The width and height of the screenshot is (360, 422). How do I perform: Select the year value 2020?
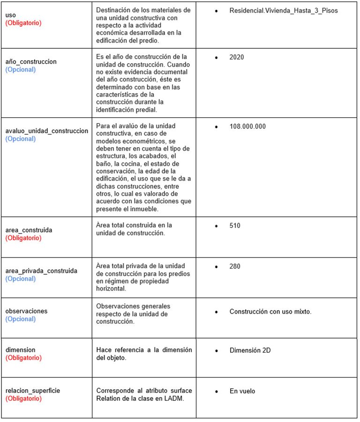click(x=237, y=57)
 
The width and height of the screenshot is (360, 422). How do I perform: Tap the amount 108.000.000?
click(x=247, y=127)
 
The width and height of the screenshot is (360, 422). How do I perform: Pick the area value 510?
click(x=235, y=226)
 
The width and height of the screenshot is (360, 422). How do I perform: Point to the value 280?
click(x=235, y=266)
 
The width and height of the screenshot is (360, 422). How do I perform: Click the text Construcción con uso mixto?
click(x=270, y=311)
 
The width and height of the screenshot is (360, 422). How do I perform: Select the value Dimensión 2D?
click(x=250, y=350)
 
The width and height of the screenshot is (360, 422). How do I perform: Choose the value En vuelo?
click(x=242, y=391)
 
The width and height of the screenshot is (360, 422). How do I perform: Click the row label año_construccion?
click(x=31, y=61)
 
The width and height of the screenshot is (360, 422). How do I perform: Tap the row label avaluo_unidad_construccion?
click(x=46, y=131)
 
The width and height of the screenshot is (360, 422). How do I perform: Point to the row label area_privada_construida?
click(x=41, y=271)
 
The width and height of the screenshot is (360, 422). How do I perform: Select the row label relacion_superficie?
click(x=33, y=391)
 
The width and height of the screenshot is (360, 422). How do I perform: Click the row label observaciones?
click(x=26, y=311)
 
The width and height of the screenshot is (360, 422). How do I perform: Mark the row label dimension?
click(x=20, y=350)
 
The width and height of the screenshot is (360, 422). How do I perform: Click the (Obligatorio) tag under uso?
click(x=23, y=23)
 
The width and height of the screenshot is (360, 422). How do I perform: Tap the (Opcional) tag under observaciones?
click(x=21, y=319)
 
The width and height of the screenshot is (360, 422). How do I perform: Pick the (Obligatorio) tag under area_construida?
click(x=23, y=238)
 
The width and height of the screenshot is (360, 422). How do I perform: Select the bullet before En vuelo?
click(x=216, y=391)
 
